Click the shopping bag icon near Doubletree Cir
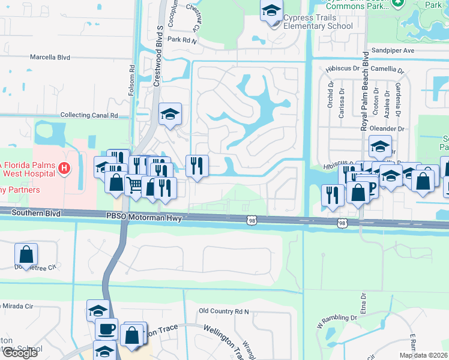click(x=26, y=254)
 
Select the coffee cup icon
click(x=106, y=329)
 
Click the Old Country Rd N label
click(x=223, y=311)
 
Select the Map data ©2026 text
click(x=423, y=355)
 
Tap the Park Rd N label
click(x=182, y=40)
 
